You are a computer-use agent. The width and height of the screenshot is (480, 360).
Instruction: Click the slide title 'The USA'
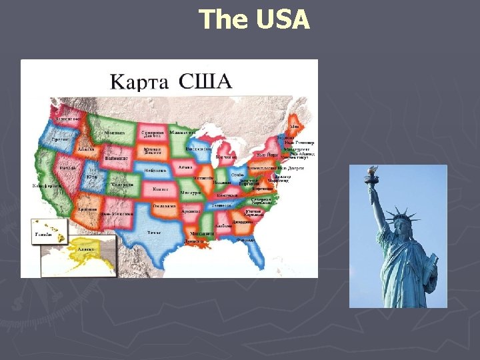pyautogui.click(x=255, y=19)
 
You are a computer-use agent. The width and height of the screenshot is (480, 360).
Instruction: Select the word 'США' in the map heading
pyautogui.click(x=205, y=82)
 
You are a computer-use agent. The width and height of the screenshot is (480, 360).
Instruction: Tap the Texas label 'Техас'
pyautogui.click(x=154, y=233)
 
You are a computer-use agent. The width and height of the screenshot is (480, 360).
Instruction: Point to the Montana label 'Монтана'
pyautogui.click(x=114, y=133)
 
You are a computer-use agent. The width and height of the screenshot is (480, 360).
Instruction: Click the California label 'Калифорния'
pyautogui.click(x=48, y=185)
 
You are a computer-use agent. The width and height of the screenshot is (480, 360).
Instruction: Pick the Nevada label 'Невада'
pyautogui.click(x=67, y=168)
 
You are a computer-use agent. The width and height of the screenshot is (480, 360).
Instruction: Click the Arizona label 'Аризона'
pyautogui.click(x=88, y=209)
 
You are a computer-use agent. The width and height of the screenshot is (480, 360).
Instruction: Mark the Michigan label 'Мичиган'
pyautogui.click(x=226, y=157)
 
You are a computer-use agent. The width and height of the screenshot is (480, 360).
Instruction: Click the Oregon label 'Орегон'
pyautogui.click(x=61, y=139)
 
